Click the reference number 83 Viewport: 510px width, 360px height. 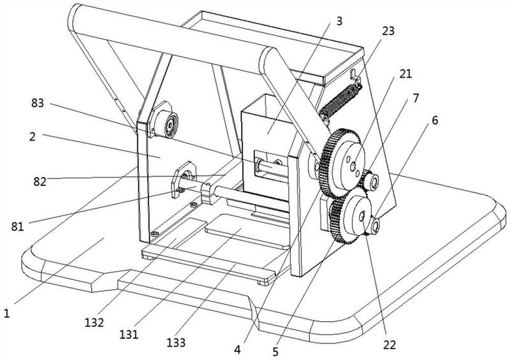coord(38,103)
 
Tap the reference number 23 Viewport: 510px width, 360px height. coord(388,31)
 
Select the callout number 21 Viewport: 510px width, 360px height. coord(405,74)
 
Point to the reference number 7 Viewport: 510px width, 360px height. coord(416,98)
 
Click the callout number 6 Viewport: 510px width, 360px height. coord(435,120)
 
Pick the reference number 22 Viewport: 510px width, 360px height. coord(390,345)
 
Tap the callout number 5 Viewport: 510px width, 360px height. coord(275,351)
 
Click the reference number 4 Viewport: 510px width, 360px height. coord(237,350)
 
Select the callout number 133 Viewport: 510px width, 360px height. coord(176,342)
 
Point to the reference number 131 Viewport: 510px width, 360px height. coord(129,334)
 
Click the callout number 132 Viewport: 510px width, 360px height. coord(94,322)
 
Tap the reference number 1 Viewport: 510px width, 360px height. coord(6,313)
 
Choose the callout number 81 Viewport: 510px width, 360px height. coord(18,226)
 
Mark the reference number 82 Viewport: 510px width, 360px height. coord(40,182)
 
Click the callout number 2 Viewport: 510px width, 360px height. coord(32,136)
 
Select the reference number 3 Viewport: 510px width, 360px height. coord(339,21)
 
